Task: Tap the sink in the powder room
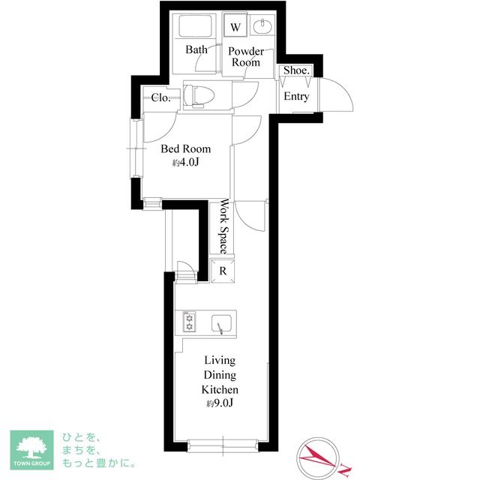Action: [x=262, y=27]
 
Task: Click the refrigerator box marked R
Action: [x=223, y=271]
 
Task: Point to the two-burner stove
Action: [x=189, y=322]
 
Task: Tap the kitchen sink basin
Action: [x=222, y=324]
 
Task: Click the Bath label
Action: [x=196, y=49]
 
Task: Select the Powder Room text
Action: [x=246, y=57]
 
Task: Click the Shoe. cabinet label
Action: [x=296, y=70]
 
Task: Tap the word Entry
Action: [x=296, y=96]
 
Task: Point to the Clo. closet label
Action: [x=160, y=97]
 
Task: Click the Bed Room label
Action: [x=186, y=148]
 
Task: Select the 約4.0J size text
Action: [x=186, y=162]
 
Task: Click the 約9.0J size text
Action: [x=220, y=403]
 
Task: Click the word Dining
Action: [x=220, y=375]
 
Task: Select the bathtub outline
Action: [x=195, y=26]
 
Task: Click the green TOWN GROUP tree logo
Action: [x=31, y=450]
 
